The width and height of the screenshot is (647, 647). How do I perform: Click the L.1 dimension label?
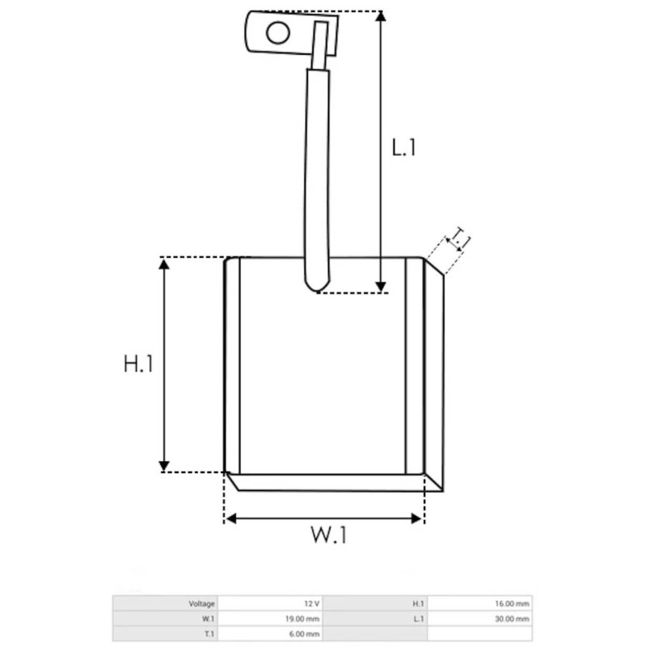pyautogui.click(x=404, y=148)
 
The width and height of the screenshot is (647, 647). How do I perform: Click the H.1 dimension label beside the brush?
pyautogui.click(x=138, y=365)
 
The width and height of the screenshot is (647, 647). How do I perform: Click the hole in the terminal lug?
pyautogui.click(x=277, y=33)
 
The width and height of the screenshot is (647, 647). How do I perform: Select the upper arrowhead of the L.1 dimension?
pyautogui.click(x=380, y=17)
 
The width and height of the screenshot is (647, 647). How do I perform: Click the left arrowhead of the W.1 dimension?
pyautogui.click(x=230, y=518)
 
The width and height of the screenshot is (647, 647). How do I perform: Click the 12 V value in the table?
pyautogui.click(x=311, y=603)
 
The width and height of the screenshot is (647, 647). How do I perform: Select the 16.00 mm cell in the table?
pyautogui.click(x=514, y=603)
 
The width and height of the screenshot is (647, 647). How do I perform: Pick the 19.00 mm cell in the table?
pyautogui.click(x=304, y=619)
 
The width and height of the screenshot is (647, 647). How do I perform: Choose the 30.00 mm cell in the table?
pyautogui.click(x=514, y=619)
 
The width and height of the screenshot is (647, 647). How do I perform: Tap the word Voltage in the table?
pyautogui.click(x=202, y=603)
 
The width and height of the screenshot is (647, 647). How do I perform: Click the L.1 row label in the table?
pyautogui.click(x=418, y=619)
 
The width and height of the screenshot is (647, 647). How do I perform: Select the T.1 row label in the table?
pyautogui.click(x=209, y=634)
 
